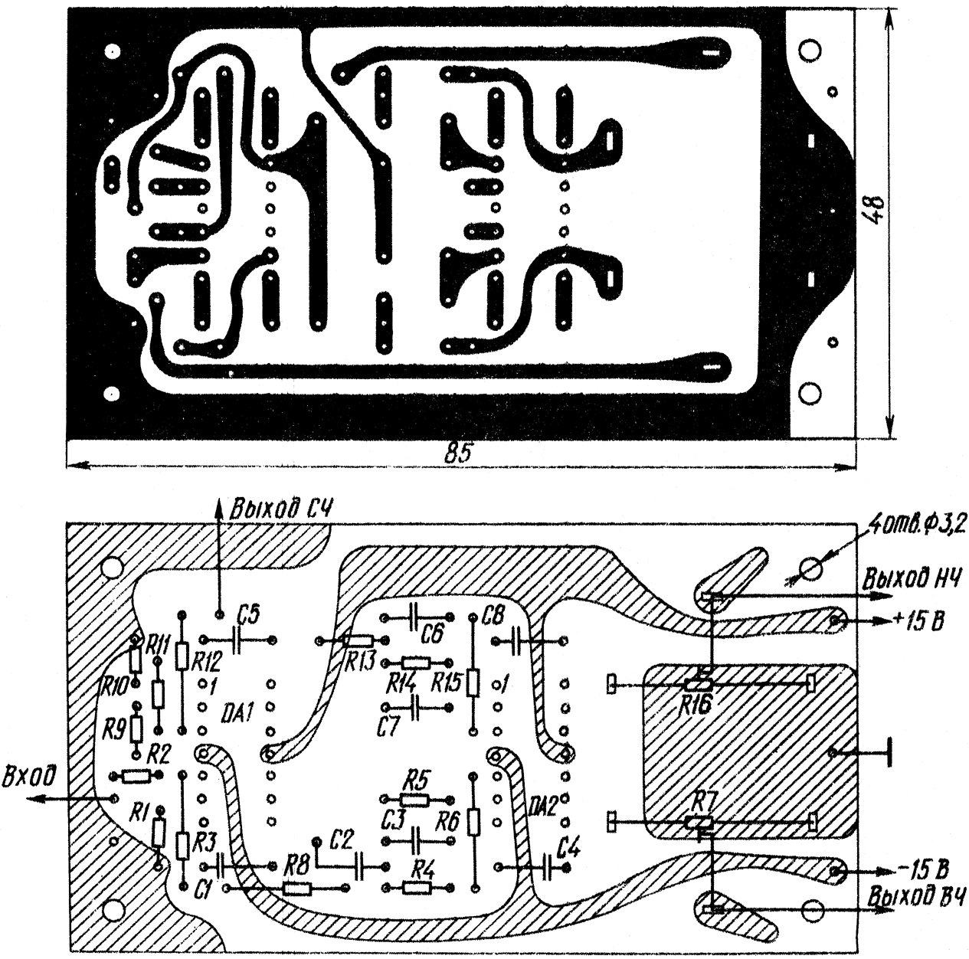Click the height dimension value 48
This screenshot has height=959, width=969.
[875, 211]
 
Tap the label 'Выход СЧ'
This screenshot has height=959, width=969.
[282, 510]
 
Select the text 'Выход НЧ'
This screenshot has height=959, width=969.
[912, 579]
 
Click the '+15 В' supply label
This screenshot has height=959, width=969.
[918, 622]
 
